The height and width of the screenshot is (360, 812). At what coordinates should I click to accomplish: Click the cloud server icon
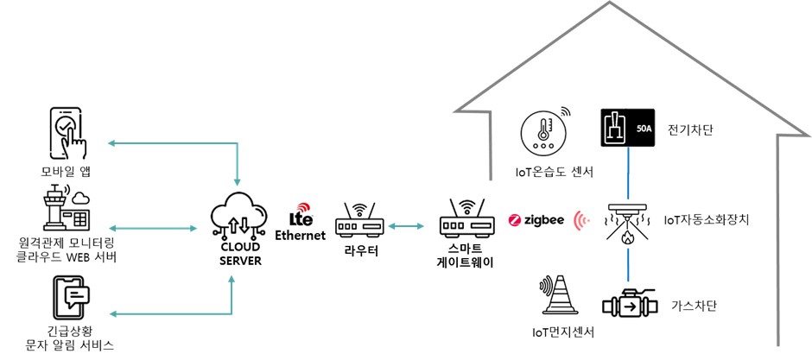(235, 213)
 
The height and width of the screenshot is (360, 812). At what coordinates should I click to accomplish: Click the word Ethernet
(300, 235)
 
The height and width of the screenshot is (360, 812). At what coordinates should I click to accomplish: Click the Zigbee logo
(536, 220)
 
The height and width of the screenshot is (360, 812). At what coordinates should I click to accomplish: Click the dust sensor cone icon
(561, 297)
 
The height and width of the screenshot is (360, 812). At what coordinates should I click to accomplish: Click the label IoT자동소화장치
(706, 220)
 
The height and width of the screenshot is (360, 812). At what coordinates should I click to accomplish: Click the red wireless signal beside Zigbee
(582, 220)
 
